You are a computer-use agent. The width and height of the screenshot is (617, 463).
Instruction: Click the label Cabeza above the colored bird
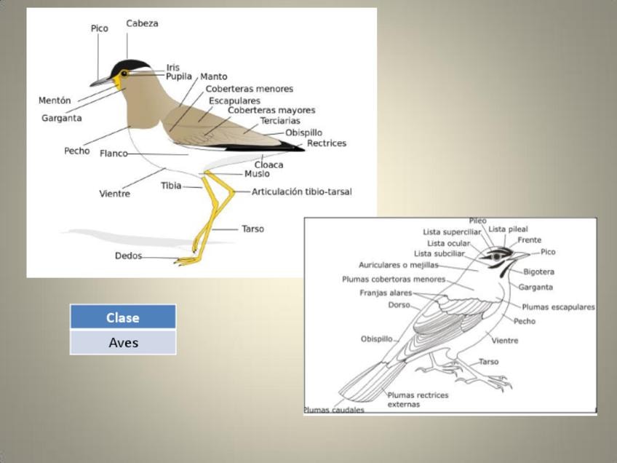tap(142, 23)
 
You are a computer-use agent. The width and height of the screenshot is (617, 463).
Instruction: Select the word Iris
tap(173, 68)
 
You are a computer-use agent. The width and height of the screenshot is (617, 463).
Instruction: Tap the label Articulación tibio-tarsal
tap(301, 192)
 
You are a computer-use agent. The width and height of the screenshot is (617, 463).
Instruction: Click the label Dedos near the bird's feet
tap(127, 256)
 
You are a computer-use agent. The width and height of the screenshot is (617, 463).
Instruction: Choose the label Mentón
tap(55, 100)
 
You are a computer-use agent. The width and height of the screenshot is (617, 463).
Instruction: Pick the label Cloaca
tap(268, 165)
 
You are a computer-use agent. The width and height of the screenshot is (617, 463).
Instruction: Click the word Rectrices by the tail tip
tap(326, 143)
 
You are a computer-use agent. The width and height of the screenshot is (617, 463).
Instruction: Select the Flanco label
tap(114, 154)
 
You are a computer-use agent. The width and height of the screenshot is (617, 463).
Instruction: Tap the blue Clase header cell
tap(123, 317)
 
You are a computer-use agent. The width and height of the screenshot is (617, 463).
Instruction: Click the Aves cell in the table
tap(123, 342)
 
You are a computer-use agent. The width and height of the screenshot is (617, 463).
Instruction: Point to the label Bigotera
tap(538, 272)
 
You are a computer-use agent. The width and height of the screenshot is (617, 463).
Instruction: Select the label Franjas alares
tap(386, 293)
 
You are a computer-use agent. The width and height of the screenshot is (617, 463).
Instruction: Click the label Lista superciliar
tap(452, 232)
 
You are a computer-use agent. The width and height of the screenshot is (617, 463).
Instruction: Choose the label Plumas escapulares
tap(558, 307)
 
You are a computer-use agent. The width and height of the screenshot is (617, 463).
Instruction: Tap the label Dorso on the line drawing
tap(399, 305)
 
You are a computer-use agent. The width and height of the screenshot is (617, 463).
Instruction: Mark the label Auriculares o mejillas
tap(399, 265)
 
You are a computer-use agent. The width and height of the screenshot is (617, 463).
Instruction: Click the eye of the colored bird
tap(124, 73)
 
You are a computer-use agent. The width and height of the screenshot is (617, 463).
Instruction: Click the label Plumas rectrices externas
tap(418, 400)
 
